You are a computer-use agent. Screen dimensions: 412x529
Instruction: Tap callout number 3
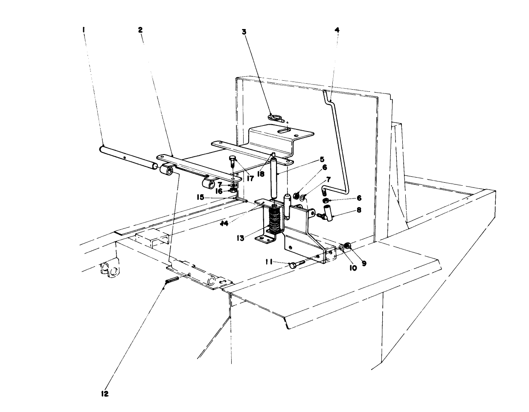point(244,32)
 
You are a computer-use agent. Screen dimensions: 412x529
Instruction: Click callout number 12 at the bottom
point(105,394)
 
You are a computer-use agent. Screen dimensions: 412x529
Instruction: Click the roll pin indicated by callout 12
point(172,283)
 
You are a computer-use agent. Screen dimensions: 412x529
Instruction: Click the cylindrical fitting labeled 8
point(328,212)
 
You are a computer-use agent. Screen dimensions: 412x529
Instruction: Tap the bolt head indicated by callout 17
point(232,161)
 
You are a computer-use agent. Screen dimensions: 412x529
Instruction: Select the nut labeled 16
point(233,190)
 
